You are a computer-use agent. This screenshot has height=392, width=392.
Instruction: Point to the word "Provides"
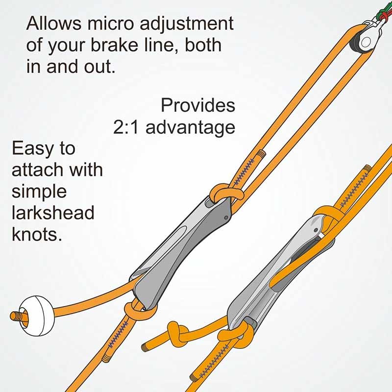tap(198, 105)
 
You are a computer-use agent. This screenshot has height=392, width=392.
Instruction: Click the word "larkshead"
tap(53, 213)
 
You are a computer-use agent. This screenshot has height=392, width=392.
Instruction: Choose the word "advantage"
tap(190, 128)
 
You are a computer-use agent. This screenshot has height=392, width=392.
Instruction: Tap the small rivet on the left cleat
tap(226, 218)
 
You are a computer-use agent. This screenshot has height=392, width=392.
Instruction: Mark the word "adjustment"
tap(187, 24)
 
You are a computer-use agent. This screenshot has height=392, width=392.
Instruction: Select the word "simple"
tap(39, 192)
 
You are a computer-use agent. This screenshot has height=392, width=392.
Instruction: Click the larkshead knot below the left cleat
tap(140, 310)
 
